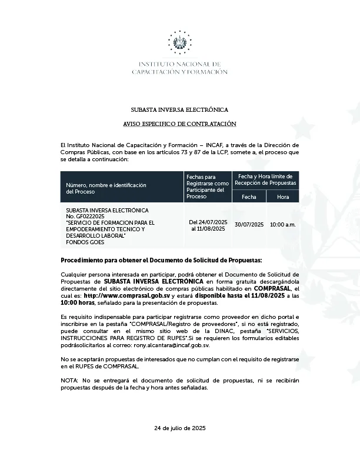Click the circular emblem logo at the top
click(179, 42)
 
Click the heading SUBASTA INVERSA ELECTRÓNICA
click(179, 110)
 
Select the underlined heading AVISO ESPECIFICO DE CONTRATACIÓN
click(179, 124)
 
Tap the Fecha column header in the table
click(249, 197)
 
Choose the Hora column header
click(283, 197)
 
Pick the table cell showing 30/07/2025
click(249, 225)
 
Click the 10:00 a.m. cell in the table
click(283, 225)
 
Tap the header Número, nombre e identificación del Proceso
click(106, 188)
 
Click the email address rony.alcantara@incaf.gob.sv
click(176, 346)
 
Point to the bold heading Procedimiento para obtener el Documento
click(162, 260)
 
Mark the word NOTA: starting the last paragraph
click(69, 381)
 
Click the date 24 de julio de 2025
click(179, 428)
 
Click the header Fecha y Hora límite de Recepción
click(266, 180)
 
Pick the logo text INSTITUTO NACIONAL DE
click(179, 64)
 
